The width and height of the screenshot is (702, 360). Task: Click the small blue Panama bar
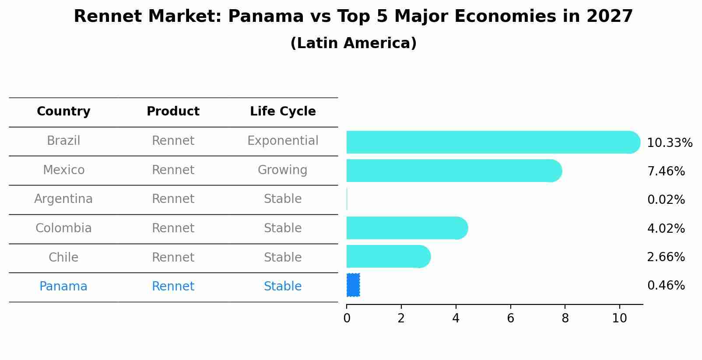click(x=353, y=285)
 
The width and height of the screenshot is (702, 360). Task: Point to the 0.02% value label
click(x=666, y=200)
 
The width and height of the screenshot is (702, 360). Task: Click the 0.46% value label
click(x=666, y=286)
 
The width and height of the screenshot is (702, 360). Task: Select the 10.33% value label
click(x=669, y=143)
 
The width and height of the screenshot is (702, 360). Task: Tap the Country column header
click(x=63, y=112)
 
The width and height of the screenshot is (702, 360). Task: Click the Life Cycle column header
click(x=283, y=112)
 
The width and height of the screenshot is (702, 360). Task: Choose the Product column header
click(x=173, y=112)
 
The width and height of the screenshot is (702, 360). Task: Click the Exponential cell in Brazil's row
click(x=283, y=141)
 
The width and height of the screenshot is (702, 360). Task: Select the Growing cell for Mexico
click(x=283, y=170)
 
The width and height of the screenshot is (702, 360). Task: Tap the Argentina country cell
click(x=63, y=199)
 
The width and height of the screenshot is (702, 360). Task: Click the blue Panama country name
click(x=63, y=287)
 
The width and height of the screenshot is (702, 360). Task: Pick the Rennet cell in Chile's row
click(x=173, y=257)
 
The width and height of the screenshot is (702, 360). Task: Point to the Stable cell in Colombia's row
click(x=283, y=228)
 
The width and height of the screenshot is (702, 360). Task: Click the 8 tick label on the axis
click(x=565, y=318)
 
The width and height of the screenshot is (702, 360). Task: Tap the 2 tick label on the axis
click(x=401, y=318)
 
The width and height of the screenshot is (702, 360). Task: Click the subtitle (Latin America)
click(x=353, y=43)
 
